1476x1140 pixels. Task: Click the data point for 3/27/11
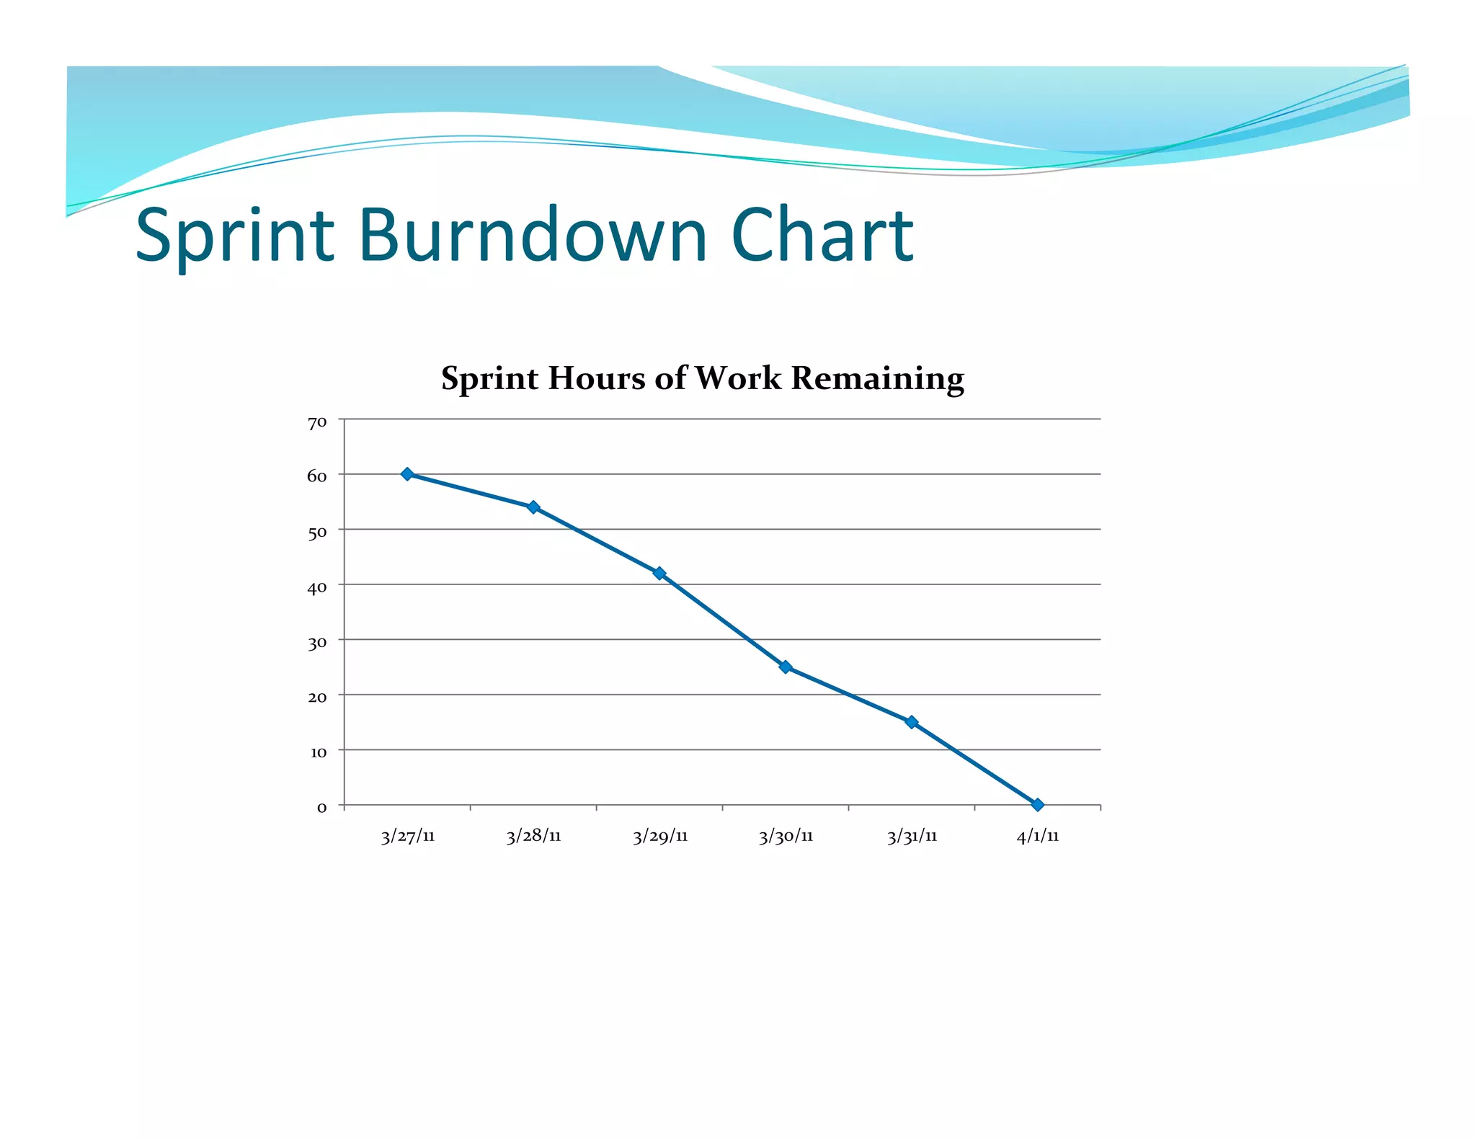coord(407,474)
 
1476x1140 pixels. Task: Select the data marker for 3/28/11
coord(533,507)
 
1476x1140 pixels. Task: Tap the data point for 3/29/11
coord(659,573)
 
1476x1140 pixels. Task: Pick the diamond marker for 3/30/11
coord(786,667)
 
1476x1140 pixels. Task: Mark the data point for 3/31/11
coord(912,722)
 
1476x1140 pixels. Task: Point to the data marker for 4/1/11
coord(1038,805)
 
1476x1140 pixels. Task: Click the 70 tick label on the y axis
coord(317,423)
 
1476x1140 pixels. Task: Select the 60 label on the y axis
coord(317,476)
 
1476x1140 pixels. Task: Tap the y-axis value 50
coord(317,533)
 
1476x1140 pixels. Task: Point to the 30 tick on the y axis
coord(317,643)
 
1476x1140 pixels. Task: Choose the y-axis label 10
coord(318,752)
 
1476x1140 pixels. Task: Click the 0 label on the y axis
coord(321,808)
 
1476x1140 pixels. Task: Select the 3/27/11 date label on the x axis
coord(408,837)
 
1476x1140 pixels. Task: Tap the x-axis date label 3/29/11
coord(660,837)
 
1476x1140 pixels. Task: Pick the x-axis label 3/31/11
coord(912,837)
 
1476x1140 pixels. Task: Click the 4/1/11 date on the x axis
coord(1038,837)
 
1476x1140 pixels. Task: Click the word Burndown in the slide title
coord(533,235)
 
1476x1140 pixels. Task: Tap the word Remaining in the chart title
coord(877,378)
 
